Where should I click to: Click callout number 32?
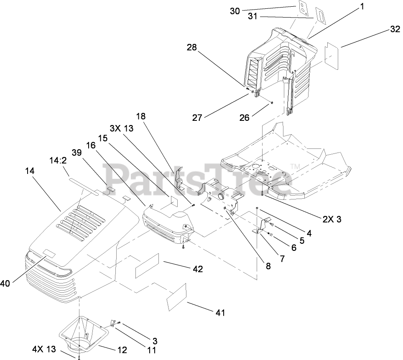tap(395, 30)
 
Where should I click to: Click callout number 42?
tap(198, 269)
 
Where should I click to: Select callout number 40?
tap(5, 283)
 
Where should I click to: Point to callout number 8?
tap(268, 265)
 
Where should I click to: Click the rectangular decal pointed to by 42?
tap(148, 266)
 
